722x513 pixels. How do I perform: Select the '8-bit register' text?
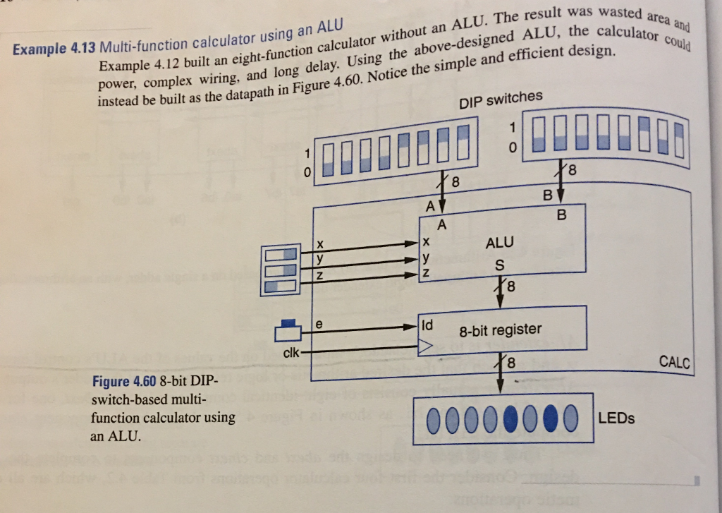(500, 330)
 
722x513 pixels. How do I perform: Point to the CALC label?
(674, 363)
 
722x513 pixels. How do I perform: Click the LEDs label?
(616, 418)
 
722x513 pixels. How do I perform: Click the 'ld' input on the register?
(427, 325)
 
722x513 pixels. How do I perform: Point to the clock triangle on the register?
(425, 346)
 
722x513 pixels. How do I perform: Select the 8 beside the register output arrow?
(511, 364)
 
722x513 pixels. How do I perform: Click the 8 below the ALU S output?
(511, 287)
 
